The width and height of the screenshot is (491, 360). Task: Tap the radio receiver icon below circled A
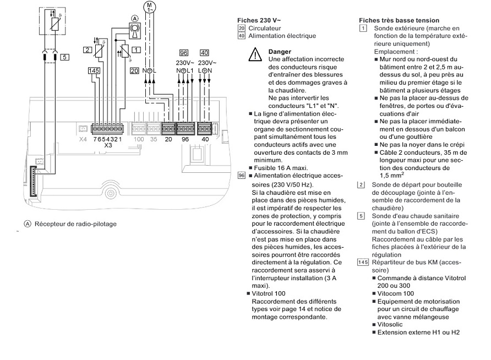(x=133, y=31)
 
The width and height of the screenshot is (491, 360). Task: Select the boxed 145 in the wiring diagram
(x=94, y=70)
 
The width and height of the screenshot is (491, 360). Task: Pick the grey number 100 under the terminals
(x=139, y=140)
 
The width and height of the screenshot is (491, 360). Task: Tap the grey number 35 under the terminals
(x=154, y=140)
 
